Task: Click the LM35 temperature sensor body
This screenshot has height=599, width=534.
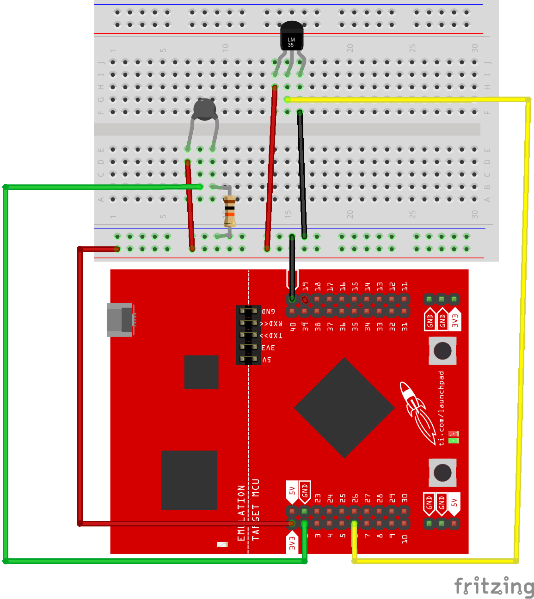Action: (x=291, y=37)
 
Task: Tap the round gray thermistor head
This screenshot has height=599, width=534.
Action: (x=204, y=109)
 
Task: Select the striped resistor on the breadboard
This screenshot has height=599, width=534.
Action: (x=229, y=211)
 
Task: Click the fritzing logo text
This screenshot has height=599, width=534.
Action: (x=494, y=586)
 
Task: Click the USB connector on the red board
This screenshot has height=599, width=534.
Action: (x=120, y=319)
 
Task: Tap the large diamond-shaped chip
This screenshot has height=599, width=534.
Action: (x=344, y=408)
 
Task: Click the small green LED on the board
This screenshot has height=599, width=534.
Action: (x=454, y=440)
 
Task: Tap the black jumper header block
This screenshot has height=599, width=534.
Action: (x=248, y=335)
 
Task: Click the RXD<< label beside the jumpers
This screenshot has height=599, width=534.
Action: (x=271, y=324)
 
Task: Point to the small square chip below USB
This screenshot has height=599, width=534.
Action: (x=201, y=372)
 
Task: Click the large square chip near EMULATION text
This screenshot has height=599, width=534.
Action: (x=189, y=480)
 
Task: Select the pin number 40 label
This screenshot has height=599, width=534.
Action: (x=293, y=327)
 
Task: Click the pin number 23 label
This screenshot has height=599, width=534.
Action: (x=318, y=498)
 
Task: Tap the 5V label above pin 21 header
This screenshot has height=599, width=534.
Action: (x=292, y=490)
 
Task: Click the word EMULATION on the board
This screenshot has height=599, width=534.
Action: (x=241, y=513)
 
